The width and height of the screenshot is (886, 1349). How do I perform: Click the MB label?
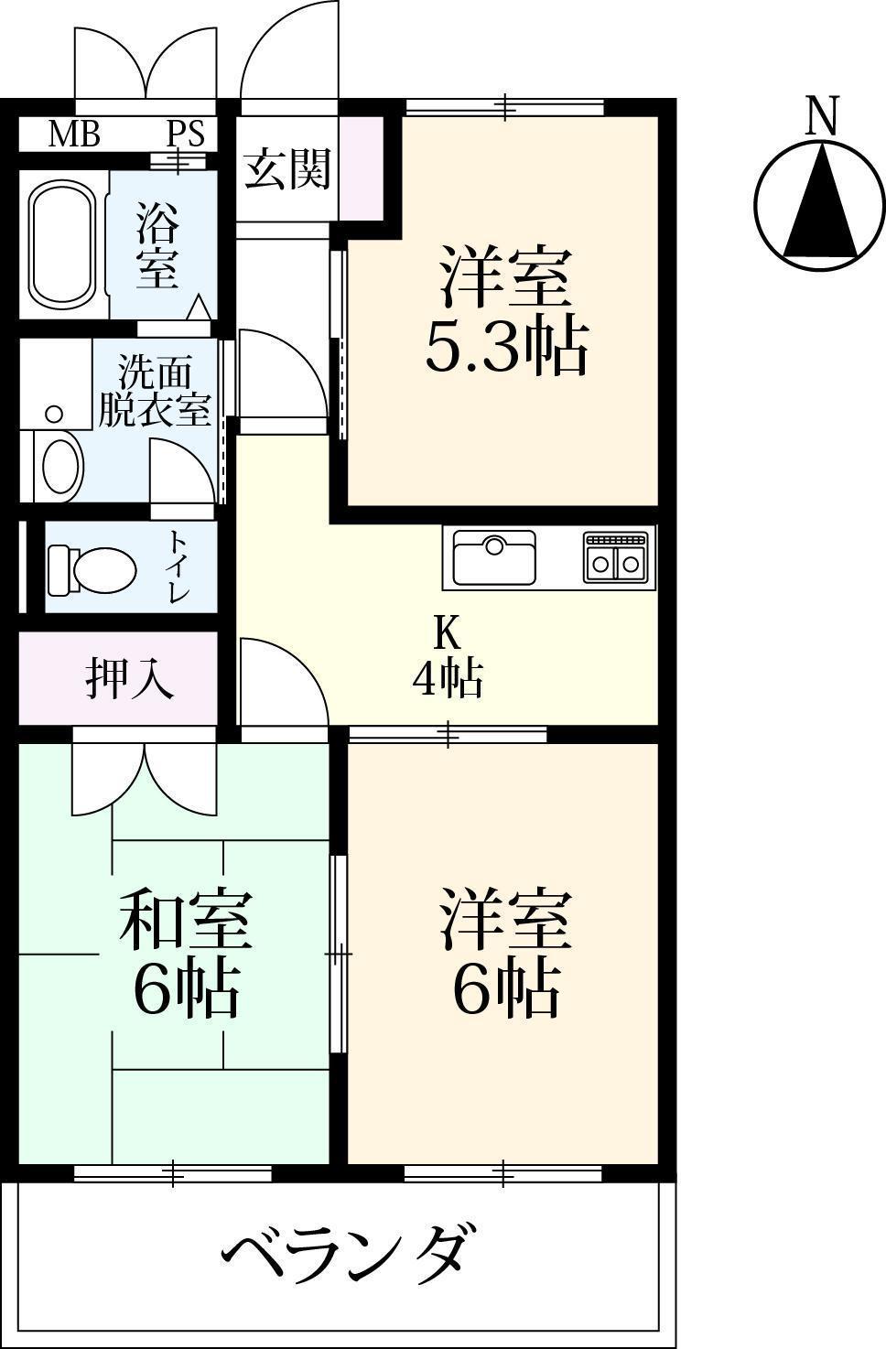coord(73,135)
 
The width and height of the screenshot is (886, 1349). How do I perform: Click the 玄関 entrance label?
coord(286,169)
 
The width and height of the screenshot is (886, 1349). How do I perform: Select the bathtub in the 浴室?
coord(61,245)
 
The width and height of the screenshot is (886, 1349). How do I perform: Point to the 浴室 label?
coord(157,244)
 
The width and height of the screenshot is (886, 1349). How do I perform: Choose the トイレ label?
coord(177,567)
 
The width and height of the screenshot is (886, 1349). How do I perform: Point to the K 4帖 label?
coord(447,656)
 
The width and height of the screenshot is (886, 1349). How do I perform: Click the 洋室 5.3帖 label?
coord(505,311)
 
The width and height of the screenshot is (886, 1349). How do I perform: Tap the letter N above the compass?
coord(821,116)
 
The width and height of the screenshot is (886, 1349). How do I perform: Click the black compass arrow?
coord(821,206)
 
